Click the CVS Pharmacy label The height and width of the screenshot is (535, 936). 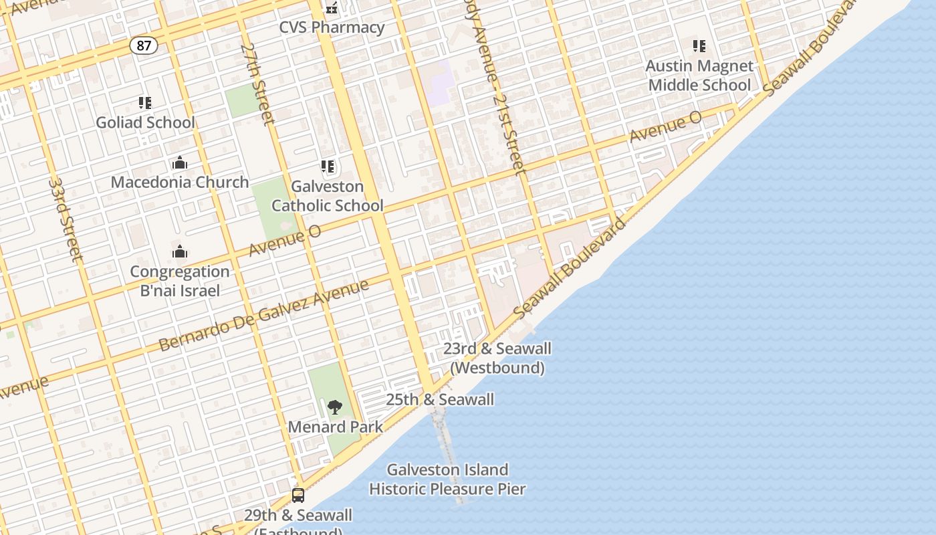click(332, 27)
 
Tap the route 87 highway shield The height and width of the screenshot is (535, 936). click(144, 45)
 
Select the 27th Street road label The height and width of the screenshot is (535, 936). click(257, 84)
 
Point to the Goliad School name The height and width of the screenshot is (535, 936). click(145, 122)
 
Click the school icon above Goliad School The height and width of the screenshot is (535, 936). click(145, 103)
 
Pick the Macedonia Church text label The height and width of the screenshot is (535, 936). click(179, 182)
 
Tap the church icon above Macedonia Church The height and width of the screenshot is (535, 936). click(179, 163)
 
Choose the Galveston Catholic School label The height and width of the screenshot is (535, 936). click(327, 196)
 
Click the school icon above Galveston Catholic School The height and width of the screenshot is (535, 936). click(327, 167)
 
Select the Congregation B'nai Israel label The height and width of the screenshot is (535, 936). click(179, 281)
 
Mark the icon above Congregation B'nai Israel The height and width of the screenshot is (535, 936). click(179, 251)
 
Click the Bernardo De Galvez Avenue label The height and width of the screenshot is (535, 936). click(263, 316)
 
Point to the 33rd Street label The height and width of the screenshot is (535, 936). click(66, 219)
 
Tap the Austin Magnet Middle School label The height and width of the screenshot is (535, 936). click(699, 76)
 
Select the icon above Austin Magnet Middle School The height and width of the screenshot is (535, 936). click(699, 46)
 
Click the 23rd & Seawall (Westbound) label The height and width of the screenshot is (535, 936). click(497, 358)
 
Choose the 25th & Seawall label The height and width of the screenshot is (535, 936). click(440, 400)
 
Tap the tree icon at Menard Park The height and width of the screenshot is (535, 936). click(335, 407)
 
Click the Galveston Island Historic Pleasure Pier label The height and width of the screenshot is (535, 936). click(447, 479)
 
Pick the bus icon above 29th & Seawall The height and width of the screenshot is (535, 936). click(298, 496)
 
